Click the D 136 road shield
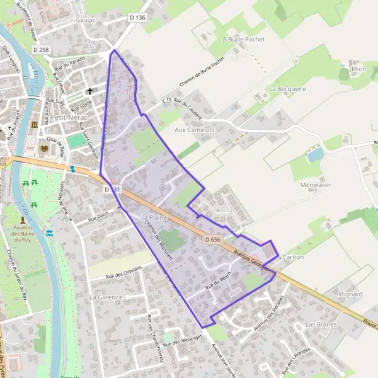tap(137, 18)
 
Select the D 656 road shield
tap(212, 239)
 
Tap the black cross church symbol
tap(89, 91)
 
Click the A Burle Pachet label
tap(244, 39)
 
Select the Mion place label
tap(358, 69)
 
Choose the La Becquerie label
tap(287, 89)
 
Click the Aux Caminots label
tap(195, 130)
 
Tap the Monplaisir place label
tap(316, 185)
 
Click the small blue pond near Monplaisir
tap(315, 154)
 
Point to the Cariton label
tap(294, 258)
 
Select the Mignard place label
tap(350, 294)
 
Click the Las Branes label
tap(321, 324)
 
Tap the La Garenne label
tap(105, 297)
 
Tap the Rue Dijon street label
tap(99, 217)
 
